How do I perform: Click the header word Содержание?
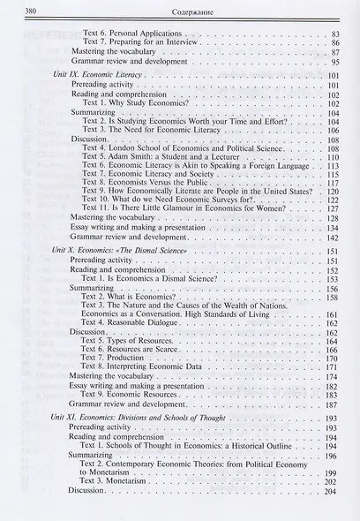[x=184, y=11]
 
